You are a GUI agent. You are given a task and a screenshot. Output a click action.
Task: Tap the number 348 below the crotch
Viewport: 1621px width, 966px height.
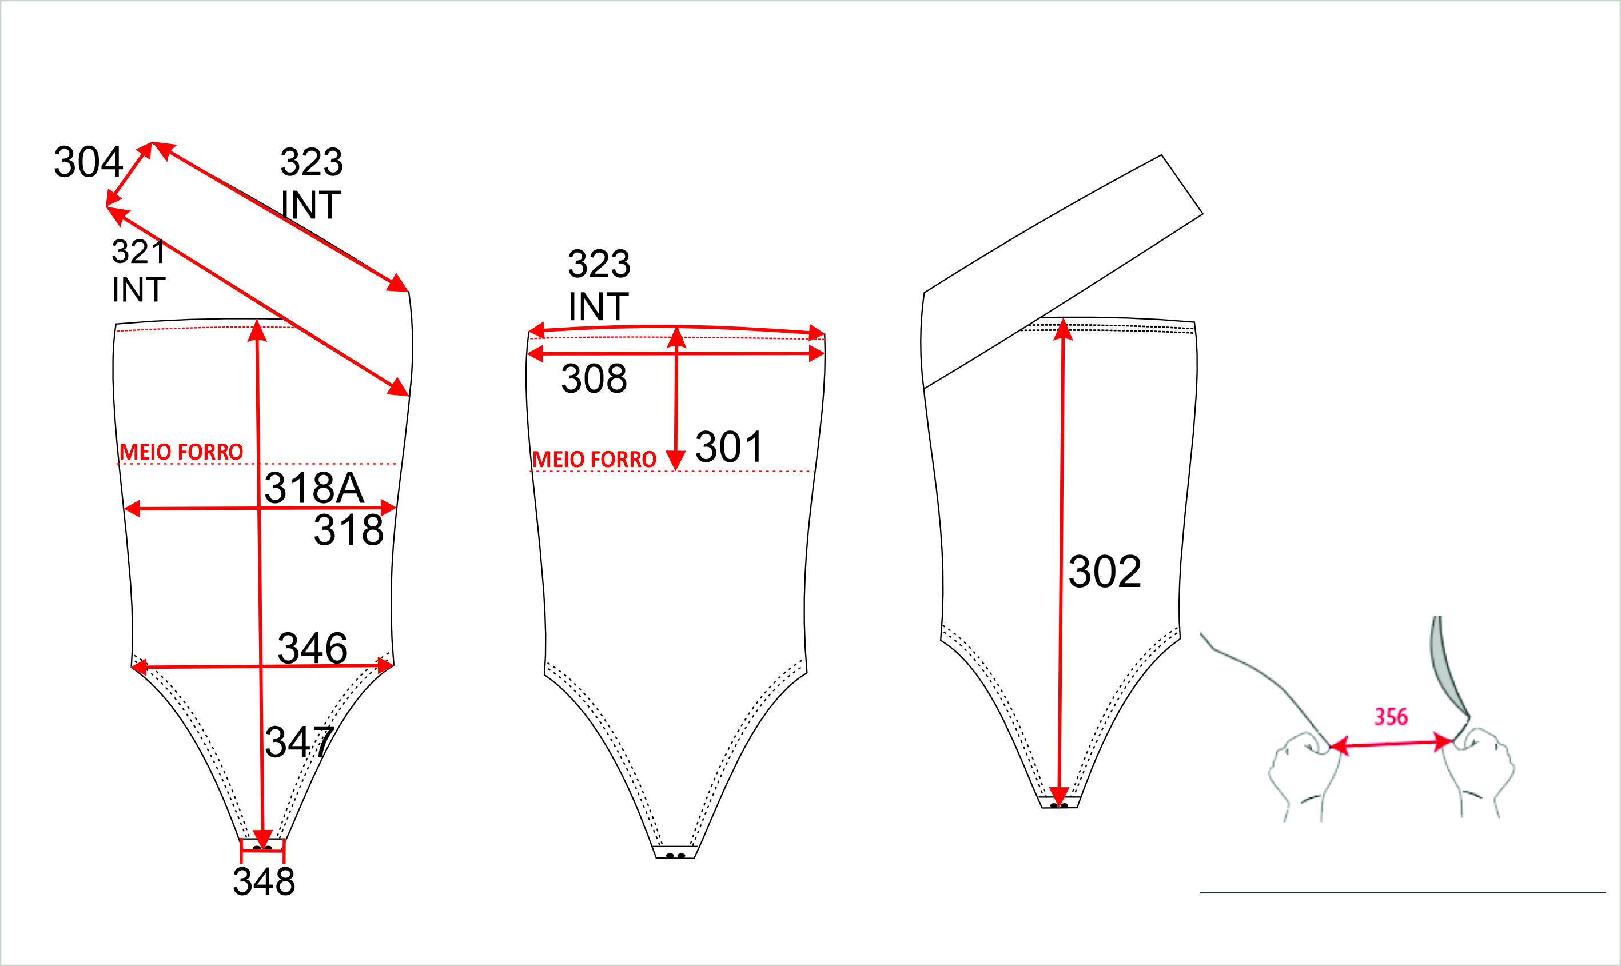264,881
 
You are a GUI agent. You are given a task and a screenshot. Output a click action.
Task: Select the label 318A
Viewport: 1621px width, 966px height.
314,488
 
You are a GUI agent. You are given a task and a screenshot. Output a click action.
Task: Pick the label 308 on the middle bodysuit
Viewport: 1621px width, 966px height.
594,378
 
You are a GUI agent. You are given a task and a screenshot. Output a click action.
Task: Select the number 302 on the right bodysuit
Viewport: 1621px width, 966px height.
1105,572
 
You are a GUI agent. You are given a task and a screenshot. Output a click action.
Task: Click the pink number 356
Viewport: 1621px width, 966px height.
1391,717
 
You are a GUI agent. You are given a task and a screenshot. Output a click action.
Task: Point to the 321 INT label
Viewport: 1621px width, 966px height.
139,270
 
